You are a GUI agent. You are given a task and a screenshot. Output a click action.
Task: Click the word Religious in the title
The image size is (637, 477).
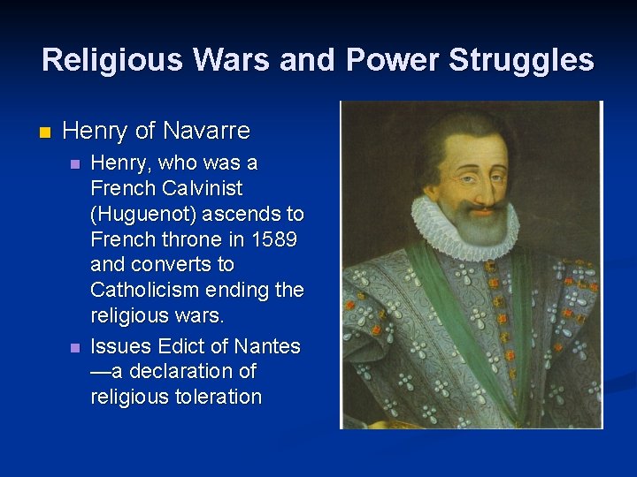(x=111, y=60)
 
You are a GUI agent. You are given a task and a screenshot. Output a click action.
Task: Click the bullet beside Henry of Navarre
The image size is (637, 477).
(x=46, y=132)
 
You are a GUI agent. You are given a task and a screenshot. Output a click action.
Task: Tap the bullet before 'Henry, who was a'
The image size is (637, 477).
(x=75, y=163)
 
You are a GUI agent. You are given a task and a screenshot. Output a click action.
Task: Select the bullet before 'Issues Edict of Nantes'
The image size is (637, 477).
(x=75, y=346)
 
